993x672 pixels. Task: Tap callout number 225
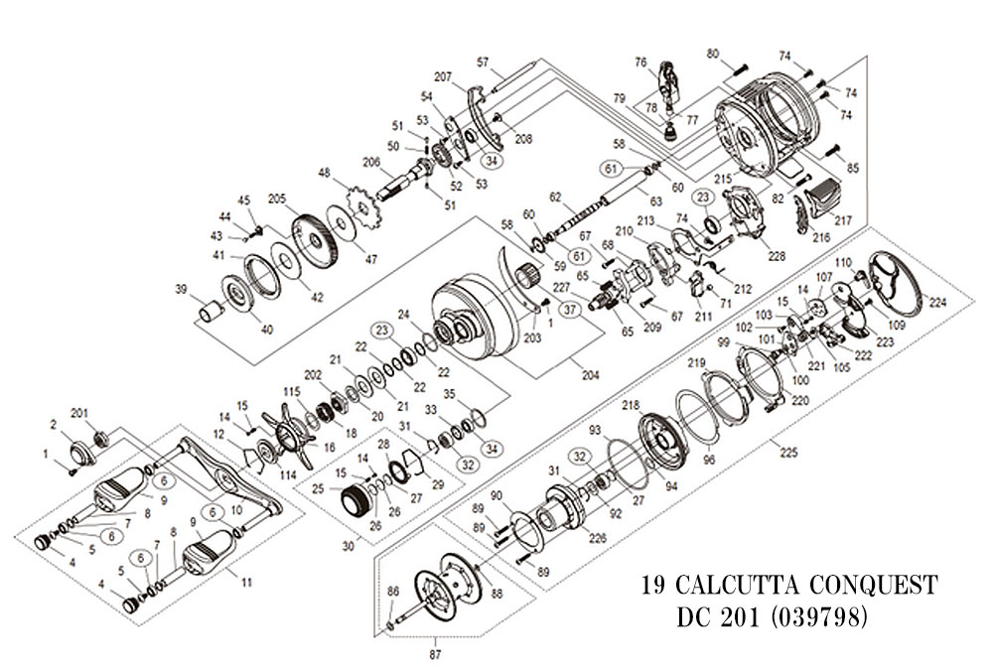click(788, 453)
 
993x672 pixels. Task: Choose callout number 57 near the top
click(483, 64)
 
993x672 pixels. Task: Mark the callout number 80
click(740, 54)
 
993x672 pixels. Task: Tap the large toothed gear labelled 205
click(319, 243)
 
